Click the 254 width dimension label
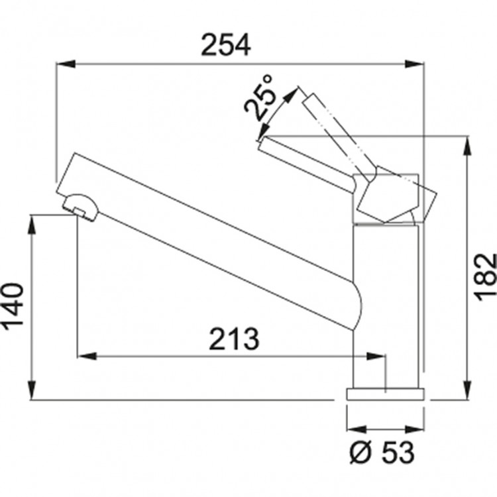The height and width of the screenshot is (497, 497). point(226,45)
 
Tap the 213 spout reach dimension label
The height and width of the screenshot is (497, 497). point(234,339)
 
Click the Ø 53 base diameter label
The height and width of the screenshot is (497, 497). point(382,452)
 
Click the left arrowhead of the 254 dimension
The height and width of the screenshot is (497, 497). point(66,64)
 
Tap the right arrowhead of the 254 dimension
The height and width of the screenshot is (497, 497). point(414,64)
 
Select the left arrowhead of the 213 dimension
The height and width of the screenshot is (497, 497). point(87,356)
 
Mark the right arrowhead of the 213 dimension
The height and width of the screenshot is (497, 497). point(376,356)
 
